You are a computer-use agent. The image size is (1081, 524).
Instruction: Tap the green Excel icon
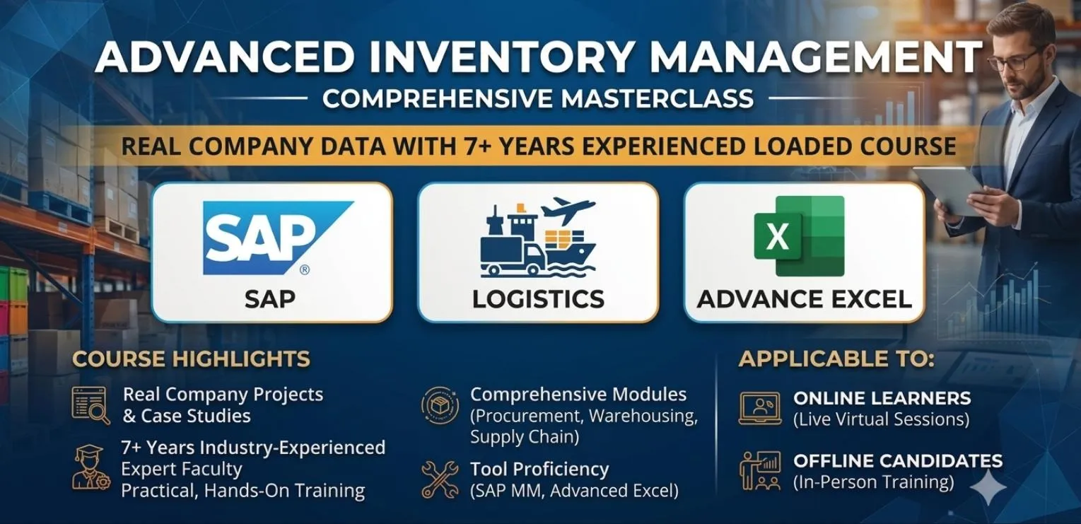point(799,236)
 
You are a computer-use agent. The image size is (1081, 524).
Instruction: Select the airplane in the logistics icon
point(568,210)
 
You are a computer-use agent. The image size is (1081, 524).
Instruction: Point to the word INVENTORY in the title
point(497,57)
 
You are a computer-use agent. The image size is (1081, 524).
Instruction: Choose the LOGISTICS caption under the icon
point(538,298)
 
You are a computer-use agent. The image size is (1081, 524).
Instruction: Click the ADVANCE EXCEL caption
point(805,298)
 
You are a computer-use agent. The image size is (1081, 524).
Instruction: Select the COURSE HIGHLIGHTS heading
point(191,359)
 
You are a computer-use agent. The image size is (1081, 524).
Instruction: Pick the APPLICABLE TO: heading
point(836,359)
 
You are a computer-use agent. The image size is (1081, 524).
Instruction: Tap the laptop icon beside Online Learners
point(760,409)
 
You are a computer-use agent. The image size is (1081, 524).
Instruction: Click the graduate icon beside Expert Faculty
point(90,467)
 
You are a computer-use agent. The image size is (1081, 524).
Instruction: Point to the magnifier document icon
point(90,405)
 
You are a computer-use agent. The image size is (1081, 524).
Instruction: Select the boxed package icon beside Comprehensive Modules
point(440,405)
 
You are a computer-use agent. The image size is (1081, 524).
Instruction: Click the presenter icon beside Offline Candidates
point(760,470)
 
